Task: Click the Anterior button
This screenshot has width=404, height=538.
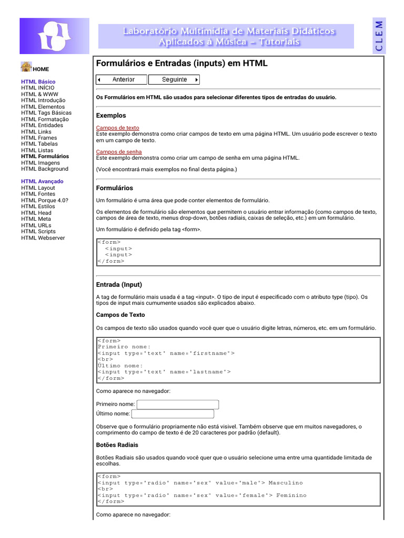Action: coord(122,80)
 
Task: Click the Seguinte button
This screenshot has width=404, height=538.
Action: coord(174,80)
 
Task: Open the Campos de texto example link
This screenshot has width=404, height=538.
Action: coord(117,128)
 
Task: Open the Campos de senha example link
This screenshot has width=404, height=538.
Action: coord(118,152)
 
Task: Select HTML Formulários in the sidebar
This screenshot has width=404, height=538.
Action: coord(45,156)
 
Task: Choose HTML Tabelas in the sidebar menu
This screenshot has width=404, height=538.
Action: coord(39,143)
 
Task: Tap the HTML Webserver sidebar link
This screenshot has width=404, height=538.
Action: coord(43,237)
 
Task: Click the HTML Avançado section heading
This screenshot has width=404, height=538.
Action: coord(42,181)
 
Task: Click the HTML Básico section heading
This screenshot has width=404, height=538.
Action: coord(38,81)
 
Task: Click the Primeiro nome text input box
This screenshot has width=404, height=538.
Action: coord(177,404)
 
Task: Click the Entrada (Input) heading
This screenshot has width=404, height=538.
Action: coord(119,285)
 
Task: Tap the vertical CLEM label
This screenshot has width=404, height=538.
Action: coord(379,35)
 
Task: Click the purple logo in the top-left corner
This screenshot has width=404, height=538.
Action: coord(54,36)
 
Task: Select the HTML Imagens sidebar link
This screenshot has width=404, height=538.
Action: coord(41,162)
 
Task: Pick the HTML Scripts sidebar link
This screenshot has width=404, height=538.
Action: coord(38,231)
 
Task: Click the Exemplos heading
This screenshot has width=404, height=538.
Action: coord(111,116)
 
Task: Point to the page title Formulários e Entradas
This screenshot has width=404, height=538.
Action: coord(181,63)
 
